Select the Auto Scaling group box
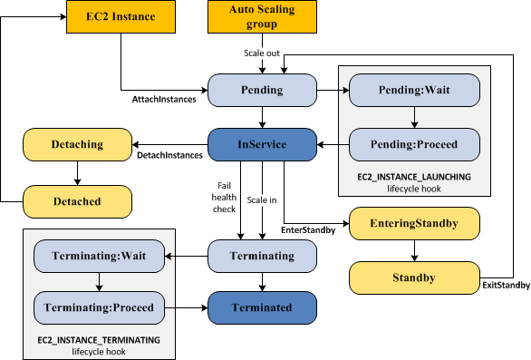pyautogui.click(x=263, y=16)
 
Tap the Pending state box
pyautogui.click(x=263, y=91)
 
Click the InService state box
pyautogui.click(x=263, y=143)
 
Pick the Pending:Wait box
pyautogui.click(x=414, y=91)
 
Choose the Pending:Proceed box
pyautogui.click(x=414, y=143)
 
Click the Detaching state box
pyautogui.click(x=77, y=143)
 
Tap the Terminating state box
pyautogui.click(x=263, y=256)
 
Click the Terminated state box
pyautogui.click(x=263, y=307)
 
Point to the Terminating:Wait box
pyautogui.click(x=96, y=256)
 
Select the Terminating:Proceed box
pyautogui.click(x=96, y=307)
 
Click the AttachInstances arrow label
pyautogui.click(x=163, y=99)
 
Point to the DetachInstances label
pyautogui.click(x=169, y=156)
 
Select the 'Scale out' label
pyautogui.click(x=263, y=52)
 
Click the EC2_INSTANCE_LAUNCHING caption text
pyautogui.click(x=414, y=178)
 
